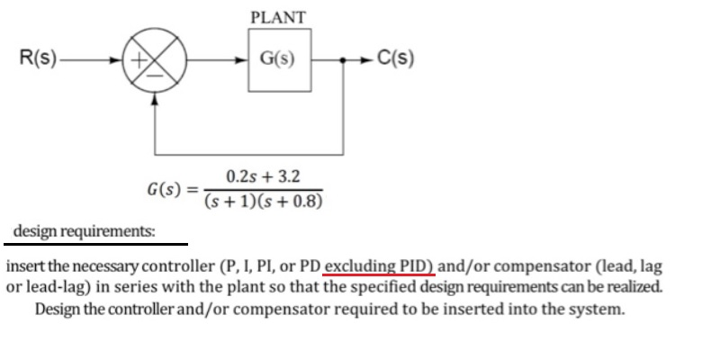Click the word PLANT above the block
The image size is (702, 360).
pyautogui.click(x=278, y=17)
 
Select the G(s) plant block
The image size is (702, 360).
pyautogui.click(x=279, y=61)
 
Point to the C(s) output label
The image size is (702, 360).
pyautogui.click(x=396, y=61)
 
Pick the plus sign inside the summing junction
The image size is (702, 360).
pyautogui.click(x=141, y=61)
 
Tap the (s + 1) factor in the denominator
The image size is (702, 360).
pyautogui.click(x=235, y=200)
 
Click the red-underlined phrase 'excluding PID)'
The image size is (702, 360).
pyautogui.click(x=380, y=267)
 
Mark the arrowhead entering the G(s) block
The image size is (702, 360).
pyautogui.click(x=242, y=61)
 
